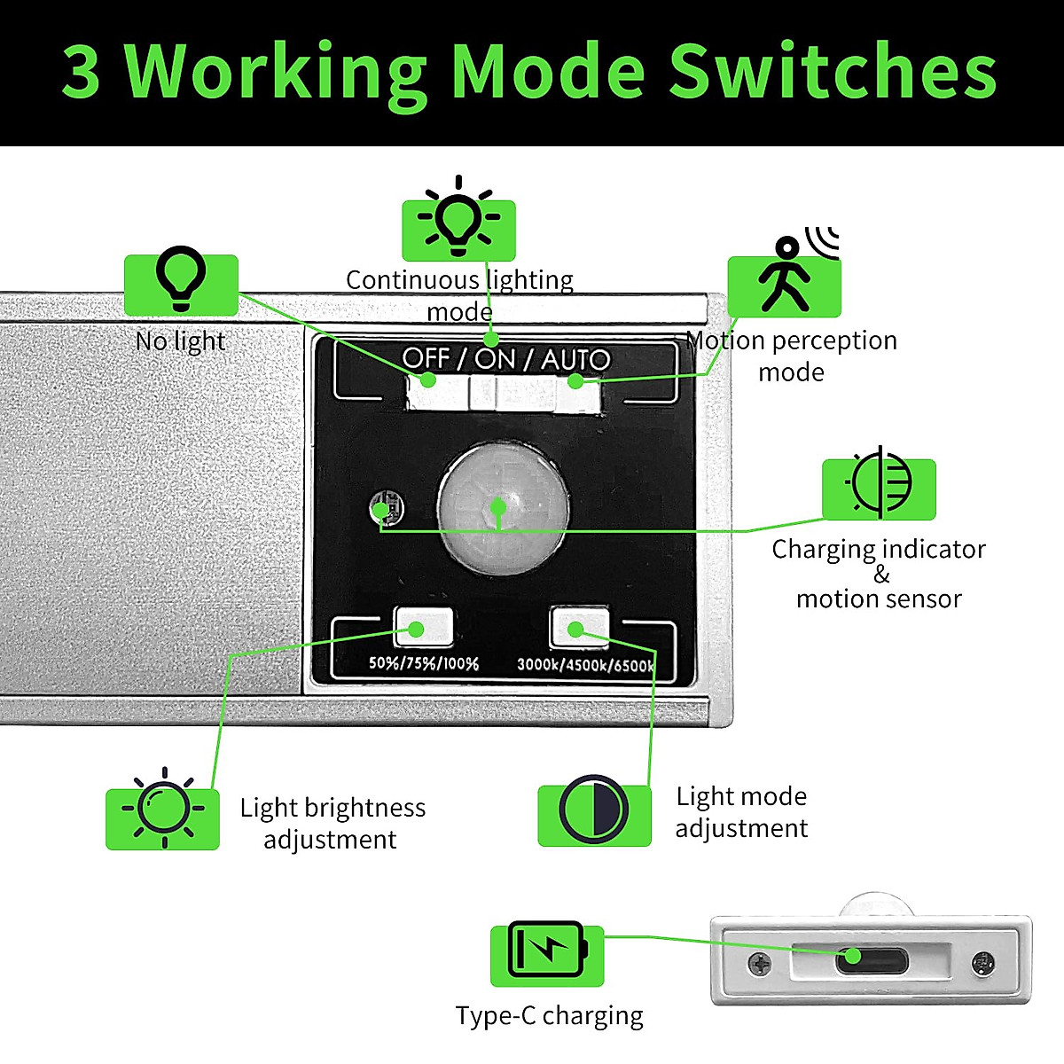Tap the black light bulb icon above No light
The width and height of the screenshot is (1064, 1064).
[181, 279]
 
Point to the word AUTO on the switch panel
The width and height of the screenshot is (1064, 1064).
[575, 359]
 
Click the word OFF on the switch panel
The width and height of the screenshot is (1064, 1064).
[426, 358]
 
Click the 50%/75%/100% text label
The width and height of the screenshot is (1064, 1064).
[424, 663]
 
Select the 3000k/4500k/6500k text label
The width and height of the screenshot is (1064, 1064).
[585, 665]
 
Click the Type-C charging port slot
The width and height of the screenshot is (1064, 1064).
[871, 958]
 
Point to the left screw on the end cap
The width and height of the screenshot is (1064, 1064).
[760, 963]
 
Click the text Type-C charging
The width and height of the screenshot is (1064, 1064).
[549, 1015]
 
